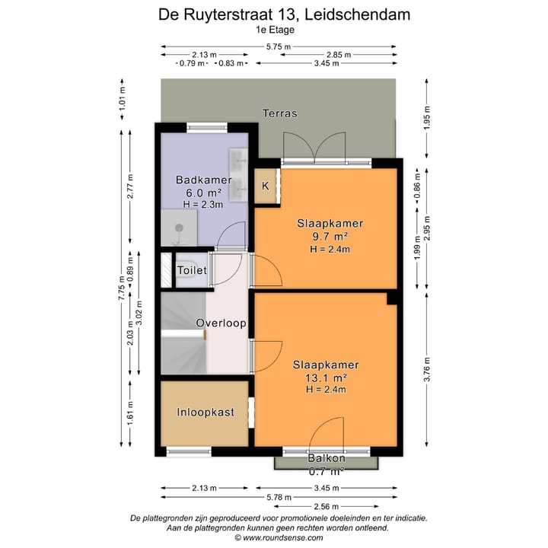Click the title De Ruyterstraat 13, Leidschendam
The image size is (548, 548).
[273, 14]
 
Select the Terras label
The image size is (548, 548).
[279, 113]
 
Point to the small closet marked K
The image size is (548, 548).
[266, 186]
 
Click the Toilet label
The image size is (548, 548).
[192, 270]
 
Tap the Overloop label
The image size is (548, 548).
[221, 323]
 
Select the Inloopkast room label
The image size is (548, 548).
[205, 413]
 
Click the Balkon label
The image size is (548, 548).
[327, 458]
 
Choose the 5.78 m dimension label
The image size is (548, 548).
[279, 496]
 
